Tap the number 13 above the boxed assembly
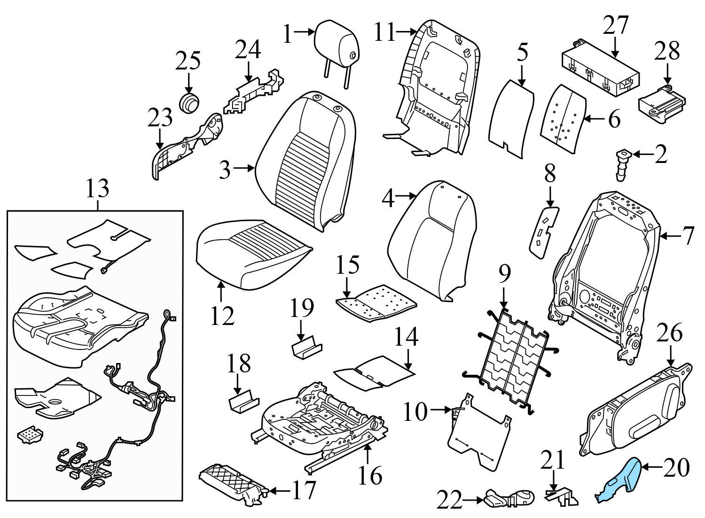tap(97, 189)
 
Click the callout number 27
tap(615, 26)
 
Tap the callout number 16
tap(370, 475)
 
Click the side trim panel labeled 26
tap(634, 409)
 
